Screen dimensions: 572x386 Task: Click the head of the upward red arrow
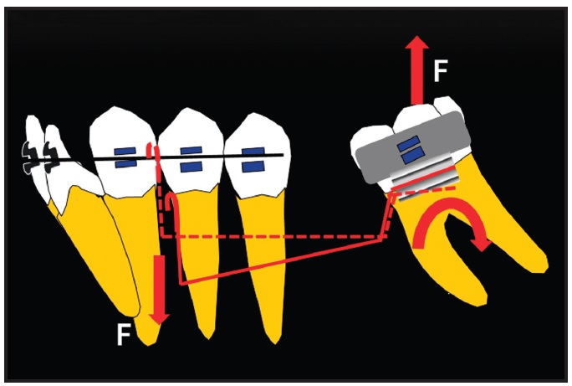pos(416,42)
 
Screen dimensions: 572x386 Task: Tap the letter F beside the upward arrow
pos(441,70)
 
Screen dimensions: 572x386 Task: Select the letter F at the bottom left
pos(123,335)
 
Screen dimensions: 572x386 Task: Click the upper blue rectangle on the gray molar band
pos(408,143)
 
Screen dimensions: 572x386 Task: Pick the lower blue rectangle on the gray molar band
pos(412,156)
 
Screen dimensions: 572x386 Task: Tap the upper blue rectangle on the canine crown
pos(125,152)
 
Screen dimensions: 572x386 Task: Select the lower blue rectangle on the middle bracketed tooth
pos(192,167)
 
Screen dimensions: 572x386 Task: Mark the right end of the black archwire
pos(283,155)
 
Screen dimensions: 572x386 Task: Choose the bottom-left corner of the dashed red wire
pos(162,237)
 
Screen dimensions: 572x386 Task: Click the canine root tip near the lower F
pos(149,344)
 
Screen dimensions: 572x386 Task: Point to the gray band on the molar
pos(412,146)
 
